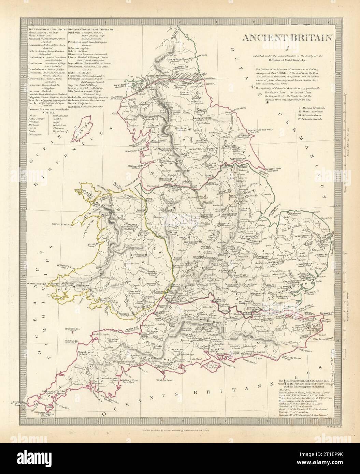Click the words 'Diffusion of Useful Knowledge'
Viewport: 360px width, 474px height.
pyautogui.click(x=281, y=60)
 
